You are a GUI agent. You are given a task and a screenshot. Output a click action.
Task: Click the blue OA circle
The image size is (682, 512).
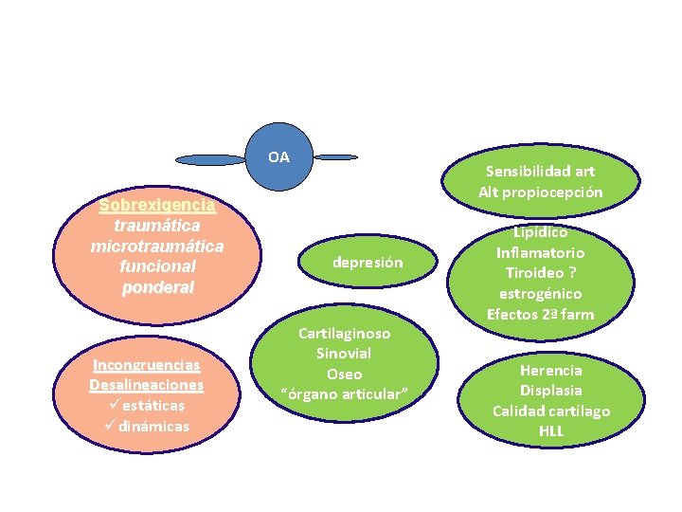point(278,156)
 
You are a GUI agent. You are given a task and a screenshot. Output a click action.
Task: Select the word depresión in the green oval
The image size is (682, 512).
point(368,263)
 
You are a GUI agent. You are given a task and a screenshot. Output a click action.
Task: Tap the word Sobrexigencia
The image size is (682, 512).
point(157,205)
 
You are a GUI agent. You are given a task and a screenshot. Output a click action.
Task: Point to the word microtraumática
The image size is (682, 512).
point(157,247)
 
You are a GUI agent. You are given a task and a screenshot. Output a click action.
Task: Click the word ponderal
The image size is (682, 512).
point(157,287)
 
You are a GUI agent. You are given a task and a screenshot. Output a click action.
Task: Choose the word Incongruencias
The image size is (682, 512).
point(146,365)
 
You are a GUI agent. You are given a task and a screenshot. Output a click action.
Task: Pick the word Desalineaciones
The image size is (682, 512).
point(146,385)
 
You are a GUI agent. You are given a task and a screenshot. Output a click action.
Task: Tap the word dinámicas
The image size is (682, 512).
point(153,426)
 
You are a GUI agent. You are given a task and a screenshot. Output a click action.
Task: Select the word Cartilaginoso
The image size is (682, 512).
point(344,334)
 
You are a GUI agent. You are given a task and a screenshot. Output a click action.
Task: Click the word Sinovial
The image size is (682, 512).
point(344,354)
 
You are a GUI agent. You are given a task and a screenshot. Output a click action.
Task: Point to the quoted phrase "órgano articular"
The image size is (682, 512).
point(344,393)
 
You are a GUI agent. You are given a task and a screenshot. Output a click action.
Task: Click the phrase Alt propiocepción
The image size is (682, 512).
point(540,192)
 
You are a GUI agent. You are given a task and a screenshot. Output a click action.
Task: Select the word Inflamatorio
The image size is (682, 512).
point(540,252)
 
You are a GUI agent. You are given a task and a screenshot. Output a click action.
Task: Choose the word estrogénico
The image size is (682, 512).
point(540,294)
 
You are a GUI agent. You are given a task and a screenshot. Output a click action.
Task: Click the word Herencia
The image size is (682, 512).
point(550,370)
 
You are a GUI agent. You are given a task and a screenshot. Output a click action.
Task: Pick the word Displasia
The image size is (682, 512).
point(550,391)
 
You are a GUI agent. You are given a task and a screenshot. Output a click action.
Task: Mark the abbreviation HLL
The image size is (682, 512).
point(550,431)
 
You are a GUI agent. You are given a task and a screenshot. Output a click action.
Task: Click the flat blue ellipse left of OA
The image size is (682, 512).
point(210,159)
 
